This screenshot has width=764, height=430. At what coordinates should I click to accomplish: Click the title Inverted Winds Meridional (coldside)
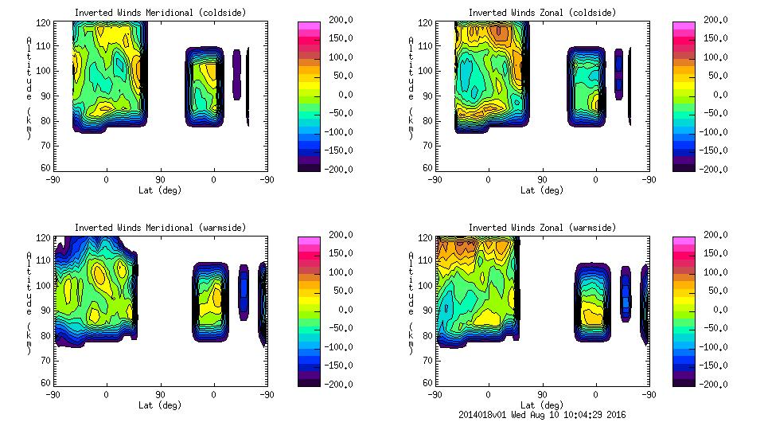pos(160,13)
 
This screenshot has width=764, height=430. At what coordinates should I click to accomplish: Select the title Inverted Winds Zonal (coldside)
pos(542,13)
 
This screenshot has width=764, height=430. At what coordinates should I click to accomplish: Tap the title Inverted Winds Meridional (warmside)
pos(160,228)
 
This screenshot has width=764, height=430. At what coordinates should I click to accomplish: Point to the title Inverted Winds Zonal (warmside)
pos(542,228)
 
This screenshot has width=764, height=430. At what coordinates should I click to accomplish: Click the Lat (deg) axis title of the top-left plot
pos(160,190)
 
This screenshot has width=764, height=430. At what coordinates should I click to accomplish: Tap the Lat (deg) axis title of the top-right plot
pos(542,190)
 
